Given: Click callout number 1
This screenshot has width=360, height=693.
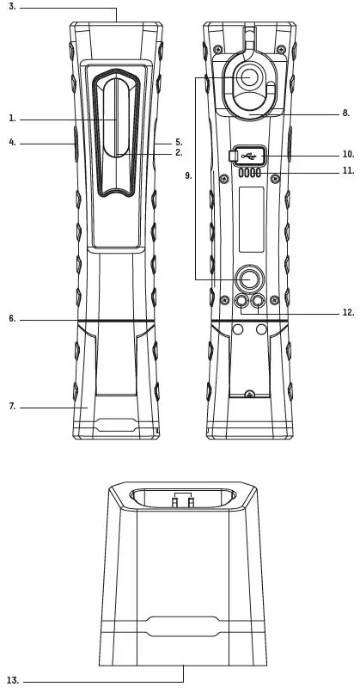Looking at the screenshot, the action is click(12, 119).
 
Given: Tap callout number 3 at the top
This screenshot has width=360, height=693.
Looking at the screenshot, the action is click(12, 7).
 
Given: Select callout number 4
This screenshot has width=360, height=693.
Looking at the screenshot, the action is click(12, 143).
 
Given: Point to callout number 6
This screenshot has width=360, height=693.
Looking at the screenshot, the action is click(12, 319).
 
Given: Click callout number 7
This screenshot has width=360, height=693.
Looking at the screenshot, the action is click(12, 406).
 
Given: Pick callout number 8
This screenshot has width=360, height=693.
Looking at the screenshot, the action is click(346, 113).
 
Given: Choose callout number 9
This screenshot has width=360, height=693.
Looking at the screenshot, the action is click(189, 176).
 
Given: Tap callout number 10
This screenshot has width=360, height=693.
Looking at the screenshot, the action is click(349, 154).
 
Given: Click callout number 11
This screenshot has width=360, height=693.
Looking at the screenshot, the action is click(349, 170).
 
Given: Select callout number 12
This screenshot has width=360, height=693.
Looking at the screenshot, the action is click(349, 312).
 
